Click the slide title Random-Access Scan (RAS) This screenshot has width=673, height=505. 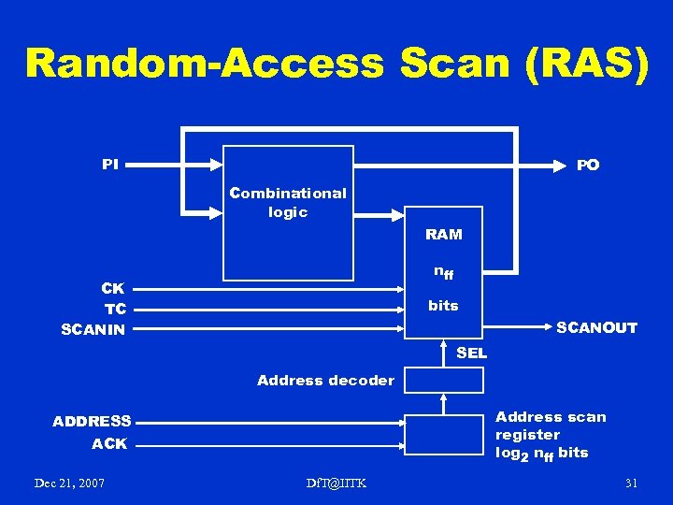tap(336, 63)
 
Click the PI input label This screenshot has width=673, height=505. tap(110, 165)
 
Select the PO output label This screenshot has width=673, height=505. tap(588, 165)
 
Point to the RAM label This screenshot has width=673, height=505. tap(443, 234)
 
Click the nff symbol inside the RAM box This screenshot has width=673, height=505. tap(443, 273)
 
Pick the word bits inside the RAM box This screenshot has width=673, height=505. tap(443, 306)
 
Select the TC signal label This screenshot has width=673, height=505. tap(116, 309)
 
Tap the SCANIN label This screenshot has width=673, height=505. tap(93, 329)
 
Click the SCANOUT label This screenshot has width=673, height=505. tap(596, 328)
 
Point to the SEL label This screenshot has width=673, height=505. tap(471, 353)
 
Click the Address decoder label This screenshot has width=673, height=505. tap(325, 380)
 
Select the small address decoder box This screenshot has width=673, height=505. tap(443, 380)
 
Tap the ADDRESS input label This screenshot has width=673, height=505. tap(92, 421)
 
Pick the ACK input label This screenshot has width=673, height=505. tap(109, 443)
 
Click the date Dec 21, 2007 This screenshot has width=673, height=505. tap(69, 483)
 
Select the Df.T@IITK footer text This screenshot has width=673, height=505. tap(336, 483)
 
